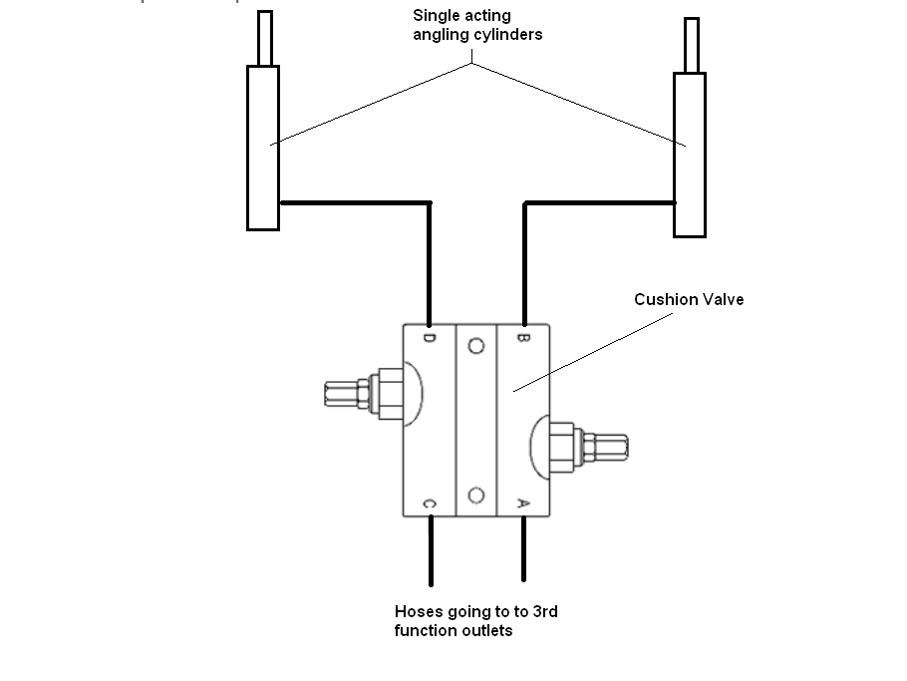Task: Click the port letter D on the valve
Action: [430, 337]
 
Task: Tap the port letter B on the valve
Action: [522, 337]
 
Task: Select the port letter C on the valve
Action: [430, 504]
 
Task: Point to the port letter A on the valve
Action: [522, 504]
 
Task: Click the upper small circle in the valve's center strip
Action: [476, 346]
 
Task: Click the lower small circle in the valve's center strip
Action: [476, 496]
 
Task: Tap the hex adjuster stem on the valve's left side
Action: [347, 394]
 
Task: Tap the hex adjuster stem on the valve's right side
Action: [606, 448]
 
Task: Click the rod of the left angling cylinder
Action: [265, 38]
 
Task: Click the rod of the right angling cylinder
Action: [692, 45]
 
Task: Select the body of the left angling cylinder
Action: [263, 149]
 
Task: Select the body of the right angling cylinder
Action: [690, 156]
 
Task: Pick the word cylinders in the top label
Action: [509, 35]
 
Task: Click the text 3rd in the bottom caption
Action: [545, 611]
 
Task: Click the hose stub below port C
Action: [431, 550]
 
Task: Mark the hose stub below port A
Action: [524, 548]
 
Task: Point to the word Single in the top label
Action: [434, 16]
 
